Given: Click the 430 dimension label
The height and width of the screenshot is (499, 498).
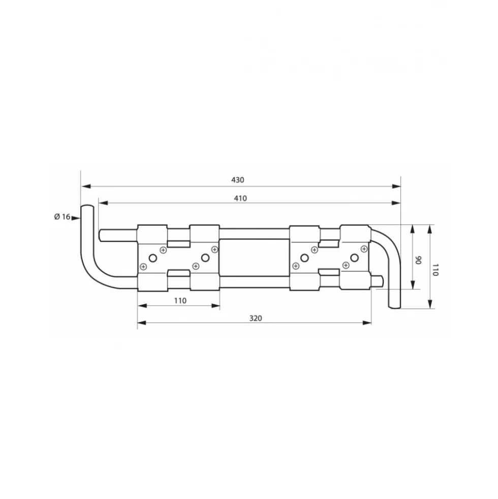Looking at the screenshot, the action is [x=237, y=180].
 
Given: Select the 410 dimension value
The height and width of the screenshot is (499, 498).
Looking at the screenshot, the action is [x=240, y=198].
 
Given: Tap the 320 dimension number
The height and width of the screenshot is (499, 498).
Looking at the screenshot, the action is [x=256, y=318].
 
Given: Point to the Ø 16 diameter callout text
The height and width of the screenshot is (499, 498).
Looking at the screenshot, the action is [x=62, y=217].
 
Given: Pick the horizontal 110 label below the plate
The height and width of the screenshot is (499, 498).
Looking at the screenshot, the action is [x=180, y=301].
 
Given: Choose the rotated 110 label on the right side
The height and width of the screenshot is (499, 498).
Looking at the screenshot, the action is [x=435, y=270].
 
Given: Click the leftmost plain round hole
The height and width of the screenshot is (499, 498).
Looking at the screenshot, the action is [x=153, y=258].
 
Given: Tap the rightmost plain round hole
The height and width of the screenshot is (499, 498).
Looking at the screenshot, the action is [x=354, y=258].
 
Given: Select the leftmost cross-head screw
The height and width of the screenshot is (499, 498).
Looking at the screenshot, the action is [x=143, y=267].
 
